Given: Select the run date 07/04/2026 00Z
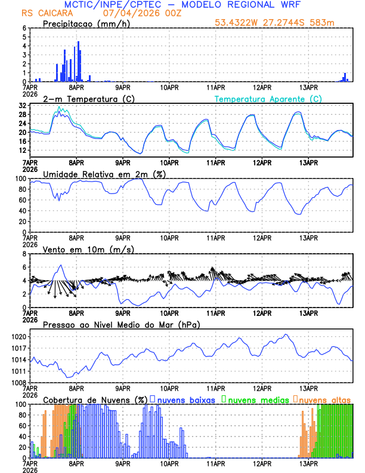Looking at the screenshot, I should pos(135,13).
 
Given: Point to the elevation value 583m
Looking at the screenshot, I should pos(324,23).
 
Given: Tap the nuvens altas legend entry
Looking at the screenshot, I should pos(325,400).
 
